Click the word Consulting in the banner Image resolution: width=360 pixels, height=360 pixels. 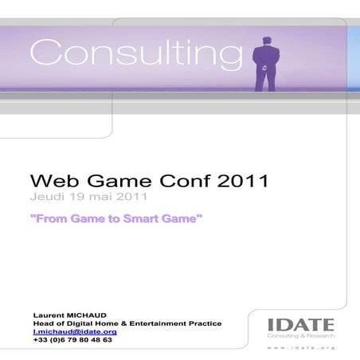point(136,53)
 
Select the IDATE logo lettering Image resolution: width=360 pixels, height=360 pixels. point(301,325)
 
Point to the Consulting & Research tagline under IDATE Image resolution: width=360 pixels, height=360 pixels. point(301,337)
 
